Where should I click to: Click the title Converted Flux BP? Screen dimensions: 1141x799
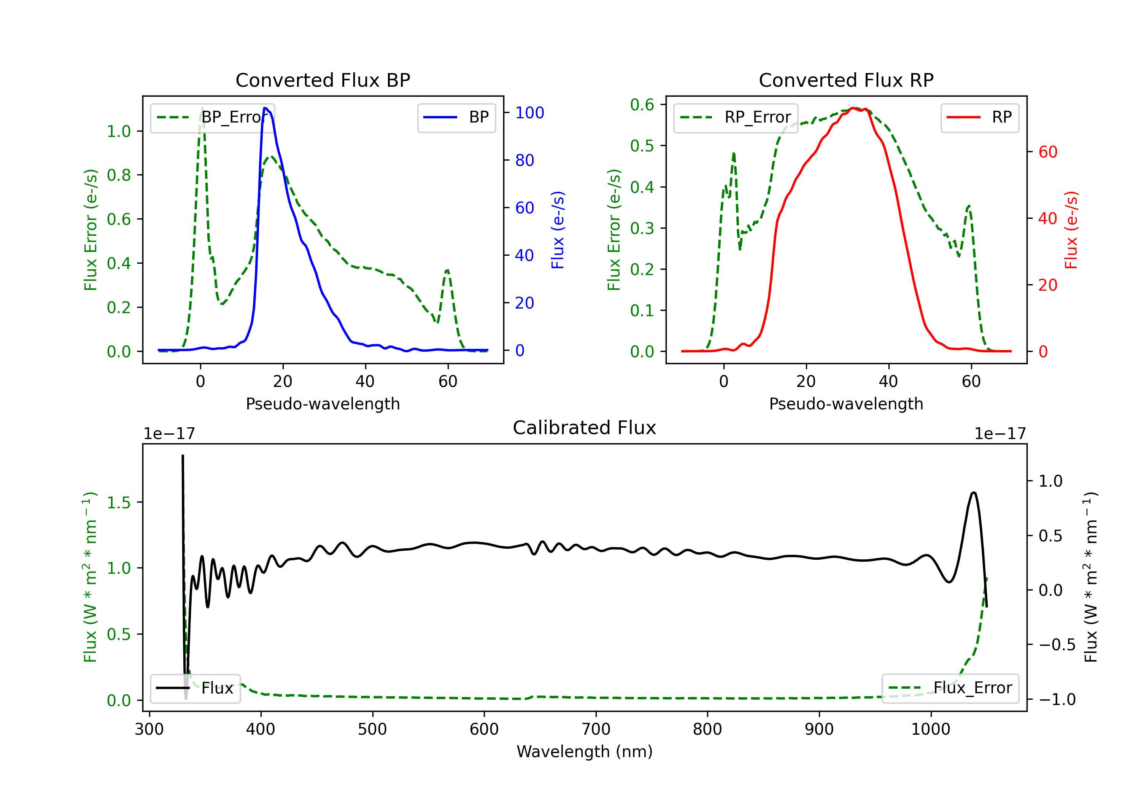point(323,80)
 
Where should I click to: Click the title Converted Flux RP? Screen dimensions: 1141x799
point(846,80)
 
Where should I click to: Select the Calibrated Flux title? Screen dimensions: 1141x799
point(585,428)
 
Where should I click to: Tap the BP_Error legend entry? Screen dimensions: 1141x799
point(213,117)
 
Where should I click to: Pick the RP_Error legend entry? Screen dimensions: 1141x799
point(736,117)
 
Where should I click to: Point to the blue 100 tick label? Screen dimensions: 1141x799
point(530,113)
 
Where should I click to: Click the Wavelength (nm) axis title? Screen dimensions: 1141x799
point(585,752)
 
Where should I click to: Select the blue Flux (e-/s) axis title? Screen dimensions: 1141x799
point(558,230)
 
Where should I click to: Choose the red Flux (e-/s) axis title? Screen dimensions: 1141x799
point(1071,230)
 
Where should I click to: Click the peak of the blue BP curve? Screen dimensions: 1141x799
point(265,108)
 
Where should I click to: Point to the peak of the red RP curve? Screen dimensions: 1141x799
point(853,108)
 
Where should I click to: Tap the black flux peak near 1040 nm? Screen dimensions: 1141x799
point(974,493)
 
